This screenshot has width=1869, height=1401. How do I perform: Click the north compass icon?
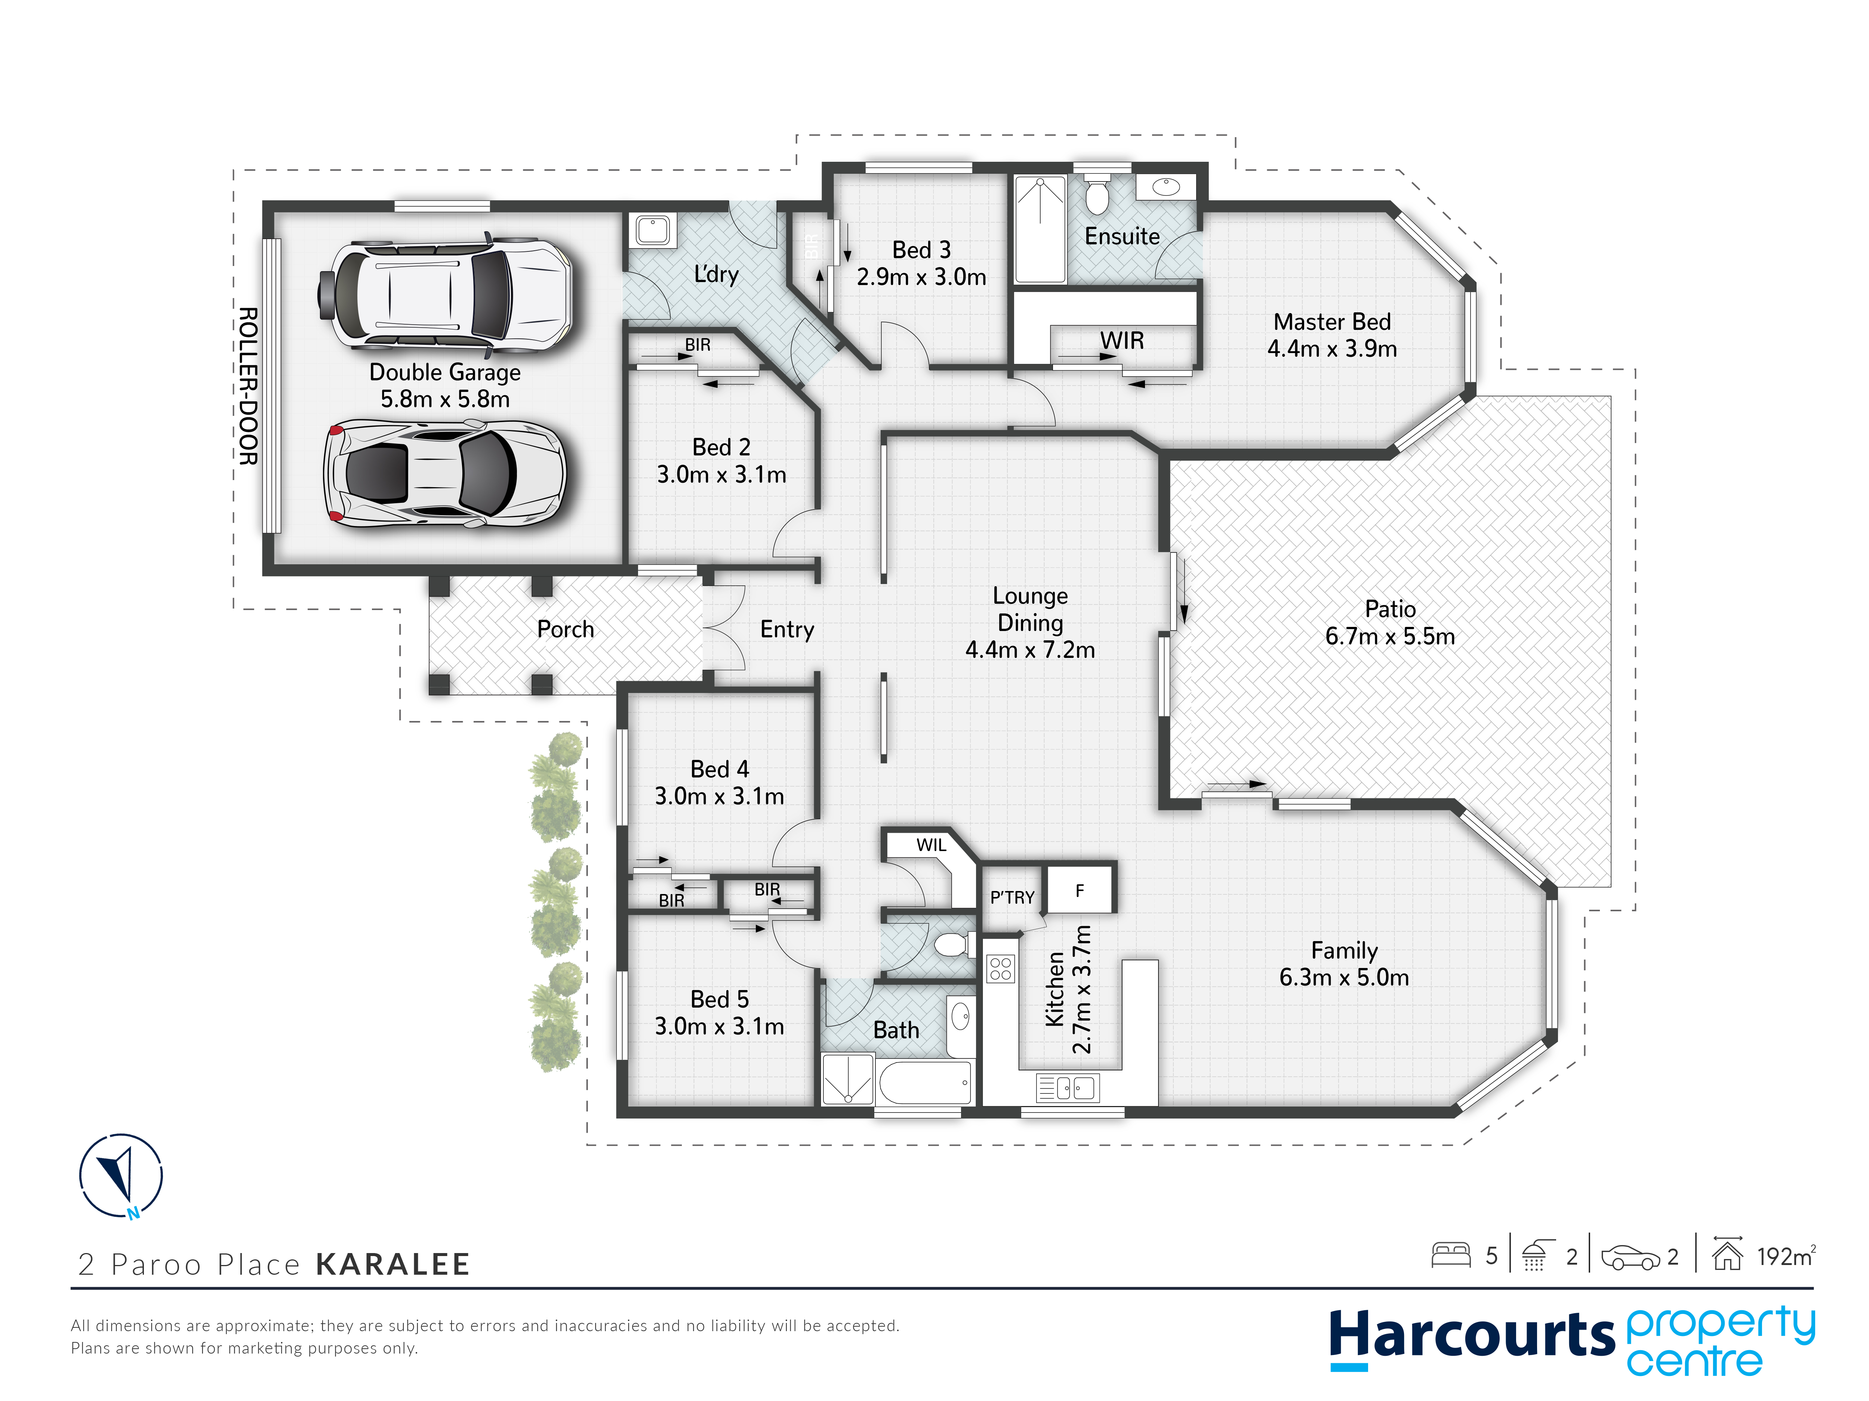[121, 1175]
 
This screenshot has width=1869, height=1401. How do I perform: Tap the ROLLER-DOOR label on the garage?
[247, 386]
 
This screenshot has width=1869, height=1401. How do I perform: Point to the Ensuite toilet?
[1097, 194]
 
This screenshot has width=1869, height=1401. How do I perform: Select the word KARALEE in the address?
[393, 1264]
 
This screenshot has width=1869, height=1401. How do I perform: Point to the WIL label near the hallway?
[931, 844]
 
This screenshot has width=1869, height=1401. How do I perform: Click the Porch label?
[565, 629]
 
